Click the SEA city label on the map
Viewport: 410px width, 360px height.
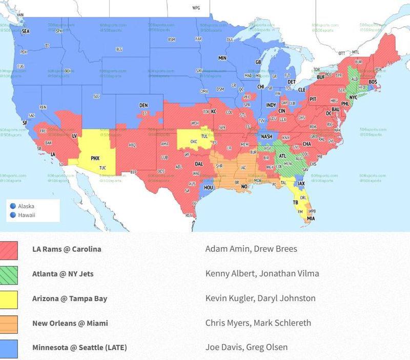tap(26, 31)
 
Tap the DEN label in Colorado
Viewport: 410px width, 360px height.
tap(143, 106)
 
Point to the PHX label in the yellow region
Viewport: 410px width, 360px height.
tap(95, 158)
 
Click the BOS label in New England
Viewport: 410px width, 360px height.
tap(373, 82)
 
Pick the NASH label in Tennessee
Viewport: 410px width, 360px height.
tap(266, 137)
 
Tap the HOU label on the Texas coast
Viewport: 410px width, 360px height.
tap(209, 188)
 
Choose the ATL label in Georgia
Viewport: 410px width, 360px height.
tap(283, 156)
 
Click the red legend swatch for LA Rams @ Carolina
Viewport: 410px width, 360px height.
tap(9, 250)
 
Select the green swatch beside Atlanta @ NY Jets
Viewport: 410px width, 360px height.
tap(9, 275)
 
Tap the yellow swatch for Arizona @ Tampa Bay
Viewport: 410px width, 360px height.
tap(9, 299)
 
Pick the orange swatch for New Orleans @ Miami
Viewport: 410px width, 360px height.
tap(9, 324)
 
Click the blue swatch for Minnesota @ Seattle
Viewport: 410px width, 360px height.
tap(9, 348)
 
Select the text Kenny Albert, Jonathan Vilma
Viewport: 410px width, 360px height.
tap(262, 274)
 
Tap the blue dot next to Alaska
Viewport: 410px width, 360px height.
tap(13, 206)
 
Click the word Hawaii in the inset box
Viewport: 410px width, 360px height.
tap(27, 215)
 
